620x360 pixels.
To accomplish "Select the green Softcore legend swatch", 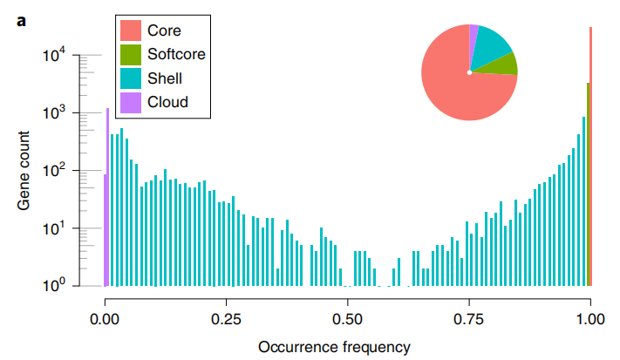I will pyautogui.click(x=131, y=54).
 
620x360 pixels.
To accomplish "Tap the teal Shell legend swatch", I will pyautogui.click(x=131, y=78).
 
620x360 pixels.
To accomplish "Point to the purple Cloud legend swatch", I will pyautogui.click(x=131, y=102).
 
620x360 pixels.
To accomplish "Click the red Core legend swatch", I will pyautogui.click(x=131, y=31).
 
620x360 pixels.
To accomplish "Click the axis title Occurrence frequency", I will pyautogui.click(x=334, y=346).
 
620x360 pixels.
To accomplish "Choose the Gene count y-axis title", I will pyautogui.click(x=26, y=170).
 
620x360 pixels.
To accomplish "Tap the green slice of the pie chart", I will pyautogui.click(x=502, y=64).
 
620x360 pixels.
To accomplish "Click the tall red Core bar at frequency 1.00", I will pyautogui.click(x=591, y=157).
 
